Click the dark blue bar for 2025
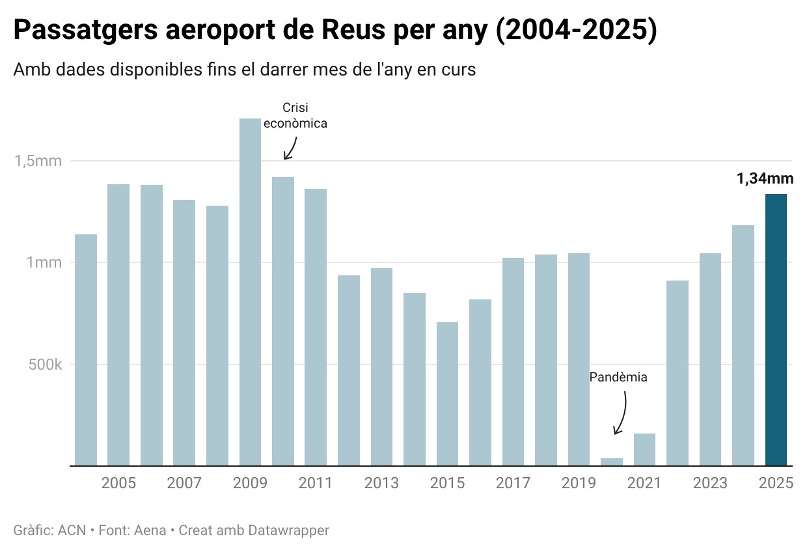pos(776,330)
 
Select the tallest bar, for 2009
pos(250,292)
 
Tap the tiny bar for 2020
pos(612,462)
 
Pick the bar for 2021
pos(644,450)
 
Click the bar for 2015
pos(447,394)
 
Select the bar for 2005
pos(118,325)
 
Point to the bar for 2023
pos(710,359)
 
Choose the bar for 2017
pos(513,362)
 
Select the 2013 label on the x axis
pos(381,483)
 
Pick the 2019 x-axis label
pos(579,483)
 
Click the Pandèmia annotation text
pos(618,377)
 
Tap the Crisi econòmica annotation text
pos(295,115)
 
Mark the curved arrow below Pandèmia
pos(622,413)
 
